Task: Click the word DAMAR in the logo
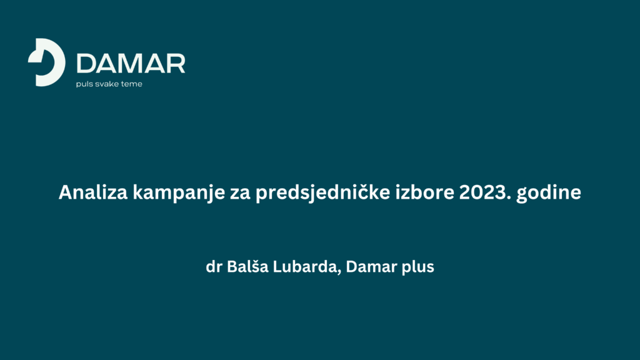pos(131,64)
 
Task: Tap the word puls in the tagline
pos(84,84)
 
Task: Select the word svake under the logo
pos(107,84)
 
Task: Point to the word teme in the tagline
pos(132,84)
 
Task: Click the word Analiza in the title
pos(93,192)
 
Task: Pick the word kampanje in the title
pos(179,192)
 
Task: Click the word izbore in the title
pos(424,192)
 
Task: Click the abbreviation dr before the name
pos(214,266)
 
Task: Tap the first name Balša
pos(247,266)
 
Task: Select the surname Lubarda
pos(305,266)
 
